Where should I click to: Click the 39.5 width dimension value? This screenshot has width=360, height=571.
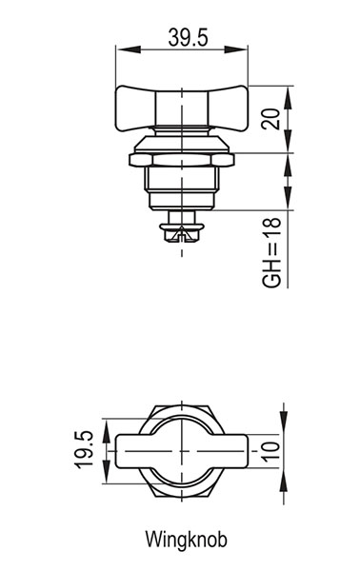coord(188,37)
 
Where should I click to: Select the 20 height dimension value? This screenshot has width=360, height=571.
coord(271,119)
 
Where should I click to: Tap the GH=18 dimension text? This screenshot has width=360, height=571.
coord(271,252)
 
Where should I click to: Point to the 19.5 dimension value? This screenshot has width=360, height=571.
coord(84,450)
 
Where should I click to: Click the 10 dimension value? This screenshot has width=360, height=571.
coord(270,451)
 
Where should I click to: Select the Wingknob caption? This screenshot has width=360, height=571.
coord(187,540)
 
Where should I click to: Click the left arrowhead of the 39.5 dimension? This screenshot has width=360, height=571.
coord(129,49)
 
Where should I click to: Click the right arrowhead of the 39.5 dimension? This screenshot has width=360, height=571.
coord(236,49)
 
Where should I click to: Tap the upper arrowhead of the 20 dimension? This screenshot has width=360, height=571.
coord(288,98)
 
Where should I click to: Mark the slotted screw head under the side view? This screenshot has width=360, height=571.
coord(182,232)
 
